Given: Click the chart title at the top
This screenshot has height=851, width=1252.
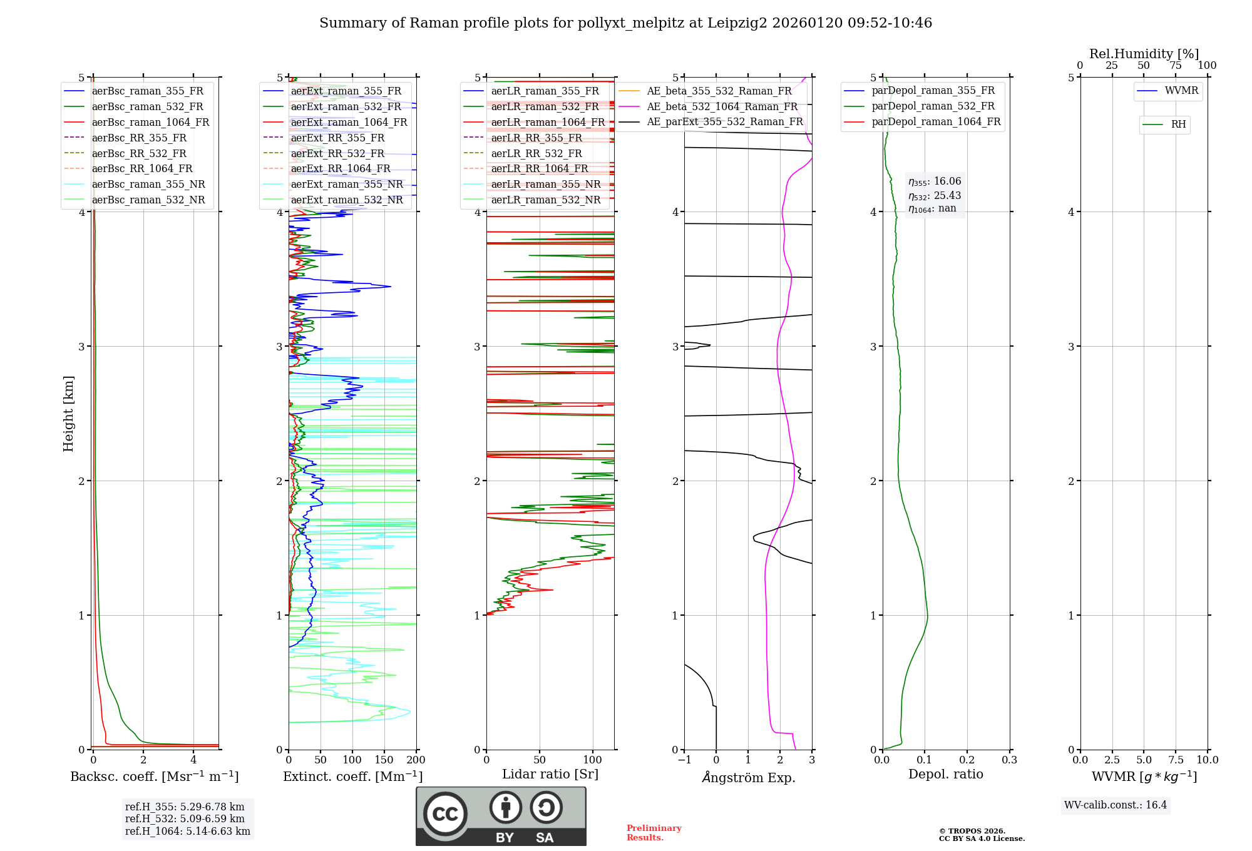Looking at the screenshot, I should tap(625, 23).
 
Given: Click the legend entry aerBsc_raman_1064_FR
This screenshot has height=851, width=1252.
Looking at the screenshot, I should tap(150, 122).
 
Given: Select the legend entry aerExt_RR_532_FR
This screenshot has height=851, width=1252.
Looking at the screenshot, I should tap(337, 153).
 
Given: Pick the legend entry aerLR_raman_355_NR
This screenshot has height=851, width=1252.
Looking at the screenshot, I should tap(545, 184).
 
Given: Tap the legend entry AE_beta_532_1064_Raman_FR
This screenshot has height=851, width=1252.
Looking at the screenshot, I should tap(722, 106).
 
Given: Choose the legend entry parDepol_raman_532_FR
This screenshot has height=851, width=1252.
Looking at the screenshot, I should tap(933, 106).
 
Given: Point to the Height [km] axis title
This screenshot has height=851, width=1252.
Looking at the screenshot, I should tap(68, 413).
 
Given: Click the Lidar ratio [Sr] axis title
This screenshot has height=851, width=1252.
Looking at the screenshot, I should tap(550, 774).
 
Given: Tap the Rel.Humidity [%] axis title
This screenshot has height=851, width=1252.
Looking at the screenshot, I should tap(1144, 54).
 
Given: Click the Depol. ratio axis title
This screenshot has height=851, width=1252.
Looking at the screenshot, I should tap(945, 774).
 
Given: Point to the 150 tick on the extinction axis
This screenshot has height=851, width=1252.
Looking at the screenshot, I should tap(384, 760).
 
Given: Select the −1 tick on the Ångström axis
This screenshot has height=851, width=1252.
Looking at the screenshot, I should tap(684, 760).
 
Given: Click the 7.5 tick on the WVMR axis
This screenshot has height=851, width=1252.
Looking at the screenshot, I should tap(1176, 760).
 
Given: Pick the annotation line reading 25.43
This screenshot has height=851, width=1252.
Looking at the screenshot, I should tap(935, 196).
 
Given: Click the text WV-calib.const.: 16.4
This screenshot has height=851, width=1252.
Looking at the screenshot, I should tap(1116, 805).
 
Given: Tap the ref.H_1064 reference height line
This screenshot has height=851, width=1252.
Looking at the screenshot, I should tap(187, 831).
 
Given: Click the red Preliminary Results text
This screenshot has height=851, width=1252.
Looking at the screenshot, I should tap(654, 832).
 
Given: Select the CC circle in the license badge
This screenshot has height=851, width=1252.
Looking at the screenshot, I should tap(445, 813).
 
